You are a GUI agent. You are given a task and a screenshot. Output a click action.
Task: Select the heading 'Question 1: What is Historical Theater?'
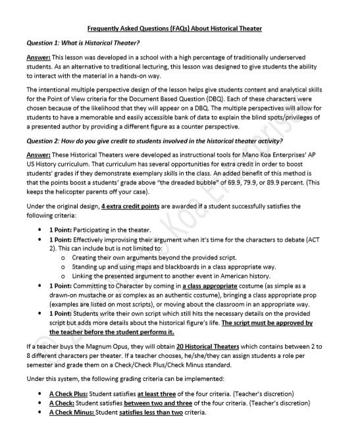coord(82,43)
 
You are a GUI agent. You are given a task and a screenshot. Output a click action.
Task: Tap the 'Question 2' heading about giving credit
coord(155,141)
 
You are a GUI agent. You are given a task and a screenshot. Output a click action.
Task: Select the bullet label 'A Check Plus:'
coord(68,394)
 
